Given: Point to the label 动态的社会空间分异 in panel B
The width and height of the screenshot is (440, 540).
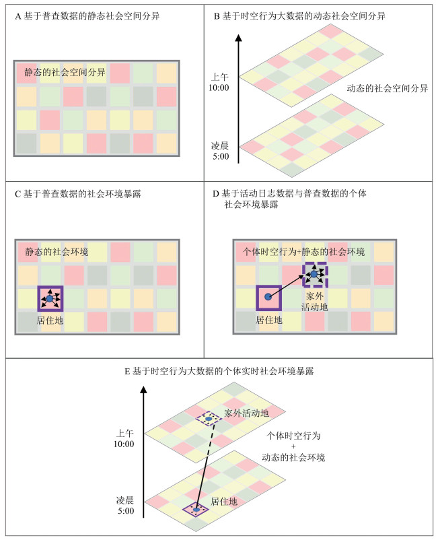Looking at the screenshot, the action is tap(387, 88).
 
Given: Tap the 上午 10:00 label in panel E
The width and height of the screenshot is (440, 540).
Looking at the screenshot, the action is tap(125, 438).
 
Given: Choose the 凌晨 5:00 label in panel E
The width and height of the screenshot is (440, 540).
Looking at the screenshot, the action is tap(125, 506).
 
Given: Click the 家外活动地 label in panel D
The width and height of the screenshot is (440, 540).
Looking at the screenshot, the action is tap(316, 300).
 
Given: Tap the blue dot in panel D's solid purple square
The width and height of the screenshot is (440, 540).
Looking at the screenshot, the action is tap(268, 296).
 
